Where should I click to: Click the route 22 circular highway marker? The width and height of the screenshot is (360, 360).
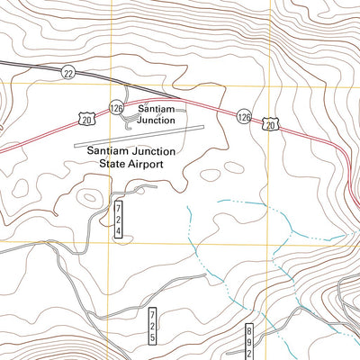tap(68, 72)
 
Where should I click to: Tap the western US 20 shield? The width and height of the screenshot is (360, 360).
tap(85, 118)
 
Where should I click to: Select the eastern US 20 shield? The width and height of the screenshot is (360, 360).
tap(271, 125)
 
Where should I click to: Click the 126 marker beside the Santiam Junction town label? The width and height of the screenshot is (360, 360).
tap(117, 107)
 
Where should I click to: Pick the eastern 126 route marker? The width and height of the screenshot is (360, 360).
tap(244, 117)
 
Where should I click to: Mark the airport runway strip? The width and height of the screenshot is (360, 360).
tap(135, 139)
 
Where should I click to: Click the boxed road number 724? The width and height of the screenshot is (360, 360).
tap(118, 220)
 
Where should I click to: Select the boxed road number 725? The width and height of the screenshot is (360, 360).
tap(152, 325)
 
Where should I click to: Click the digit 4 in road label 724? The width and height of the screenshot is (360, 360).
tap(118, 231)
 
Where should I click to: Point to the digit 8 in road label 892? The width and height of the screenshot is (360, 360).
tap(249, 332)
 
